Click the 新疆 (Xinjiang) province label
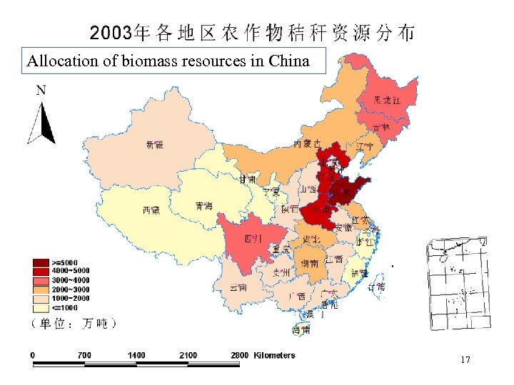click(155, 145)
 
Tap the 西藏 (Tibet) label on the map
click(151, 210)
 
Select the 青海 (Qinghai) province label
click(203, 206)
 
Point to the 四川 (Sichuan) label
click(253, 238)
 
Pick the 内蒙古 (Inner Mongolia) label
click(307, 144)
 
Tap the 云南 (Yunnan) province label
click(238, 287)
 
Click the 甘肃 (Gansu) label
click(247, 178)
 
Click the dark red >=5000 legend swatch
click(39, 262)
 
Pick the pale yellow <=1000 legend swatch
click(39, 308)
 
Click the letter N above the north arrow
click(41, 91)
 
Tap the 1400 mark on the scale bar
click(136, 354)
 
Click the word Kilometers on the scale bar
click(274, 354)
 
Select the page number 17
click(465, 360)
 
